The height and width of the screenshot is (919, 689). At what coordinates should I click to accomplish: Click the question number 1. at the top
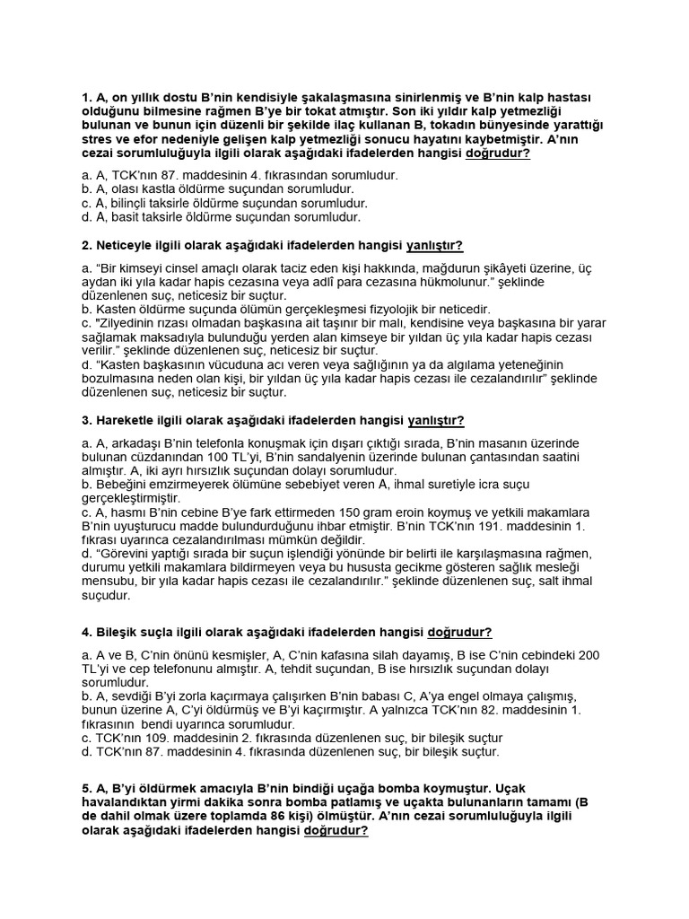pos(86,97)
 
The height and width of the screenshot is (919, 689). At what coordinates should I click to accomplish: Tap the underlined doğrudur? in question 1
pos(498,153)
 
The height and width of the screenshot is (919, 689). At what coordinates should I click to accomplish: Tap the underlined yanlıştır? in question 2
pos(435,245)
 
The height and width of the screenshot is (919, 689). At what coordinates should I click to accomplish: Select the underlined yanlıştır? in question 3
pos(436,420)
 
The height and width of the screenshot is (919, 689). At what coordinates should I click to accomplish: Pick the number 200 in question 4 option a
pos(589,655)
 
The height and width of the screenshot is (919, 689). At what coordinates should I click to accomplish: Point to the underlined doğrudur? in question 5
pos(336,831)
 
